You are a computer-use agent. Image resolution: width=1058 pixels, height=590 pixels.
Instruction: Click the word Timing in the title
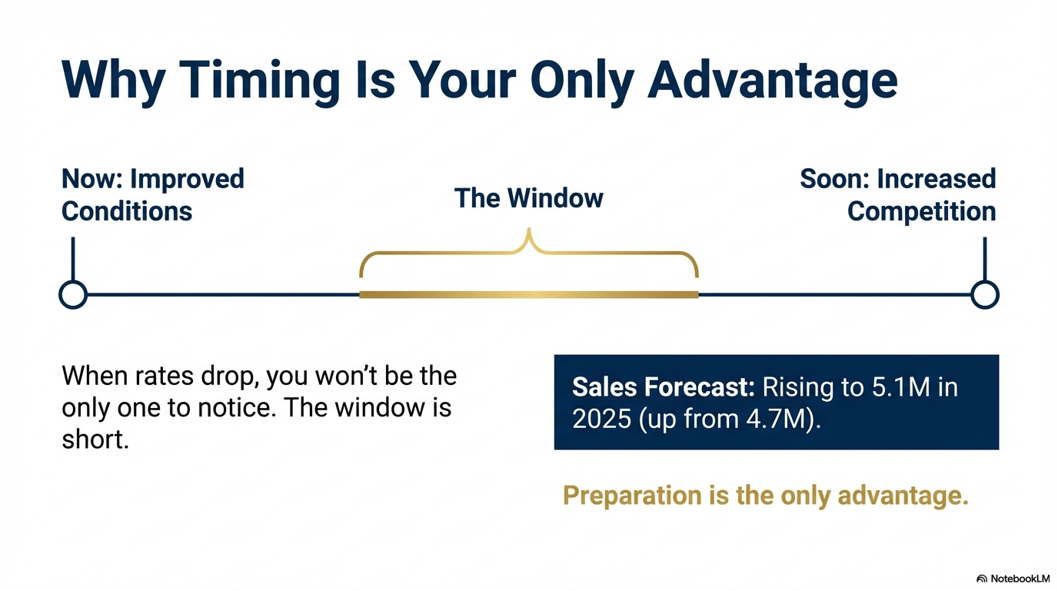click(x=261, y=79)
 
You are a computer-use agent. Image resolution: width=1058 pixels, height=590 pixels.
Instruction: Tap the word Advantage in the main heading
click(x=772, y=79)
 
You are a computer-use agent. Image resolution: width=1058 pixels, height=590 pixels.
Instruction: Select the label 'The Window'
click(x=528, y=198)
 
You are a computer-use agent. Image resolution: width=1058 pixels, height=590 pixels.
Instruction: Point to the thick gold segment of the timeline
click(x=528, y=294)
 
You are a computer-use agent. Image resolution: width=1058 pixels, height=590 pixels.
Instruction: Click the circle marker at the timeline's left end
click(x=73, y=294)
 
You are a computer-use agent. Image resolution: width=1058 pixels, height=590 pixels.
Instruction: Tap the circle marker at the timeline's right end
click(x=984, y=294)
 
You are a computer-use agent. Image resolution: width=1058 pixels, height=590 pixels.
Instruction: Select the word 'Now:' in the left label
click(x=92, y=179)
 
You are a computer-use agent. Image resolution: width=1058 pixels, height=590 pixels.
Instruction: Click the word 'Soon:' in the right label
click(x=834, y=179)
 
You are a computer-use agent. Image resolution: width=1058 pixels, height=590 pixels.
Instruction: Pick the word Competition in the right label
click(x=921, y=212)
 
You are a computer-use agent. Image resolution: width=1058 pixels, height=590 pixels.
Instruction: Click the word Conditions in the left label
click(x=127, y=212)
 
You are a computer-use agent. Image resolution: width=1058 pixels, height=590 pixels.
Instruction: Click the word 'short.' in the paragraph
click(x=95, y=441)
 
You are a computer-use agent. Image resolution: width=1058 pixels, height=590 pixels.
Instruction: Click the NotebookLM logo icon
click(x=981, y=578)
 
